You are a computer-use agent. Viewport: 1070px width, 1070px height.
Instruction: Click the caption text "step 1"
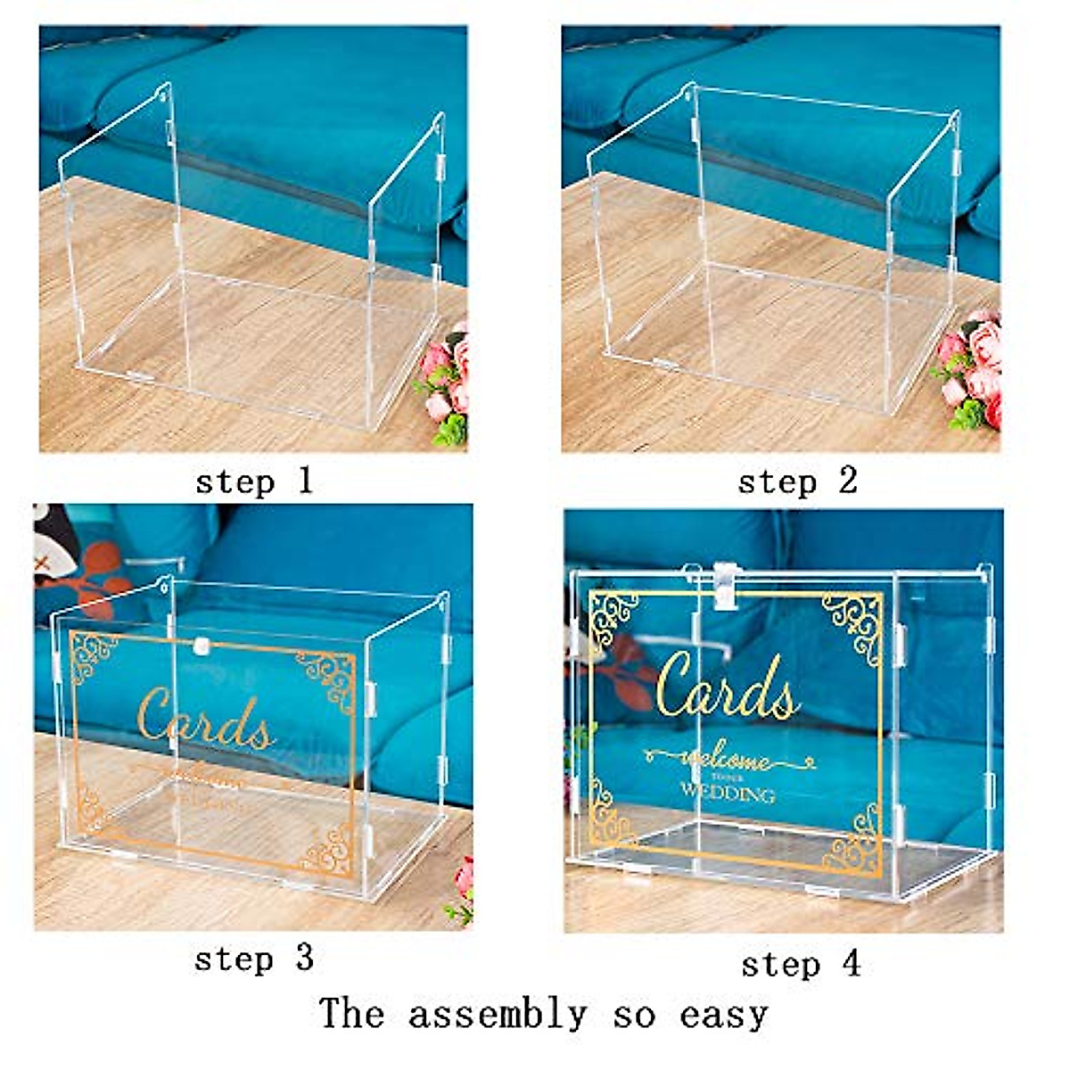tap(254, 481)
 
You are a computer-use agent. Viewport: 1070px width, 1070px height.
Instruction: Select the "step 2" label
tap(797, 481)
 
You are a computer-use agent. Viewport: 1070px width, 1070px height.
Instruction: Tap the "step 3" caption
tap(254, 959)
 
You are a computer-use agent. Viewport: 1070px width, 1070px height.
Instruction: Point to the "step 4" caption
tap(801, 964)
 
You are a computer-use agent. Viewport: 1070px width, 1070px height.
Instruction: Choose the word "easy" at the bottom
tap(723, 1016)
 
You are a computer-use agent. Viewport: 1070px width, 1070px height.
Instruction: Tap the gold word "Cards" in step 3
tap(205, 720)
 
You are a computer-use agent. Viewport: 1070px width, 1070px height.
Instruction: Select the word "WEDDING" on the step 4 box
tap(727, 793)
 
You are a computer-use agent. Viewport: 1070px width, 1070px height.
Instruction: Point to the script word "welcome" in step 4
tap(727, 761)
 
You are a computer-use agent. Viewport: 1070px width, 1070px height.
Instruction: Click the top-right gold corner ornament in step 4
tap(852, 623)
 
